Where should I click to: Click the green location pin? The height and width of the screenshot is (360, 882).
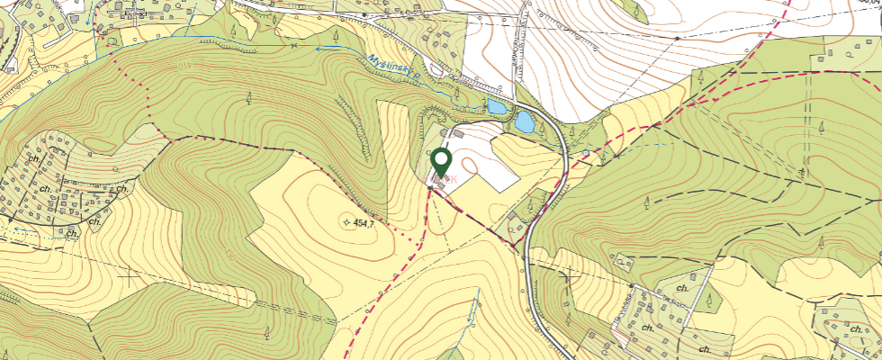coord(441,161)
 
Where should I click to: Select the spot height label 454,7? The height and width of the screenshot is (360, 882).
coord(364,222)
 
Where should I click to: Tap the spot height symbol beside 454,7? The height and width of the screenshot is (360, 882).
coord(346,221)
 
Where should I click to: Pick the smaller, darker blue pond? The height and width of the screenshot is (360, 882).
coord(496,107)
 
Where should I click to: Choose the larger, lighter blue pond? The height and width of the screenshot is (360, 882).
coord(524,121)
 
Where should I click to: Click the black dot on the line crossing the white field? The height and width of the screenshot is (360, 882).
coord(676,39)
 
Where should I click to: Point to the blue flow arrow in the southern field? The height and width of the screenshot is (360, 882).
coord(469,314)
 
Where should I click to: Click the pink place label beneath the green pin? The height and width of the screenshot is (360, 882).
coord(442,180)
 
